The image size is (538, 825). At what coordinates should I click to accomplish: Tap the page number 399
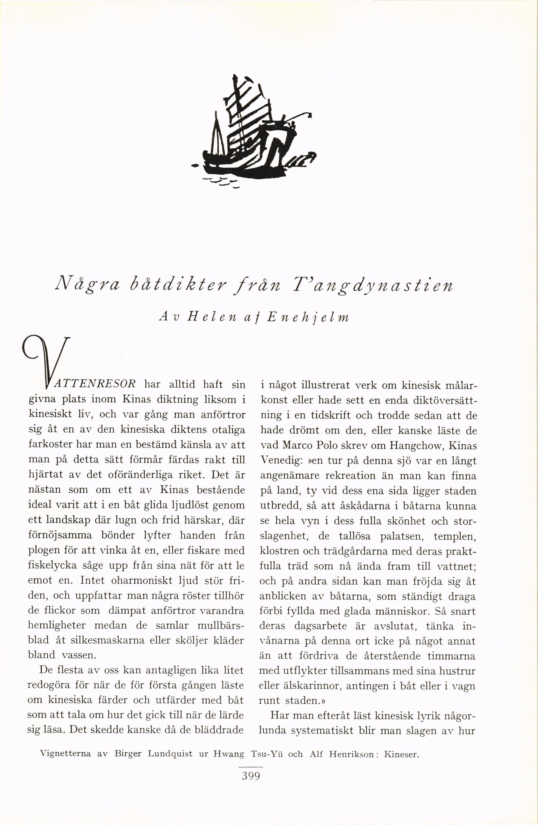point(251,776)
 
